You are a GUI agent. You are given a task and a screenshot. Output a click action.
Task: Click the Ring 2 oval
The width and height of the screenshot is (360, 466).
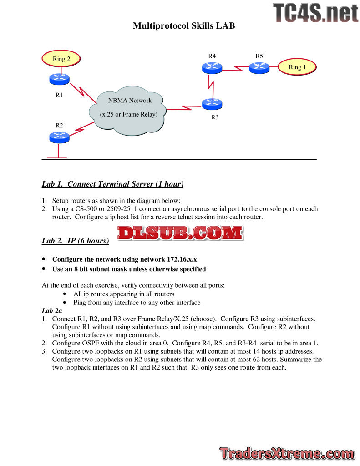coord(61,59)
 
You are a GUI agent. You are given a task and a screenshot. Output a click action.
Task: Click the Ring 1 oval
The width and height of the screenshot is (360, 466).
coord(296,67)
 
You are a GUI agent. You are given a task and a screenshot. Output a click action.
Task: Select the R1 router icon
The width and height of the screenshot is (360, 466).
coord(59,79)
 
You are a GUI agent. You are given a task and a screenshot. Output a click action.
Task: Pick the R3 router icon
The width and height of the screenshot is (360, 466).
coord(212,104)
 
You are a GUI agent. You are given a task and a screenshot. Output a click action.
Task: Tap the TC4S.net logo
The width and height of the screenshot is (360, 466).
coord(315,13)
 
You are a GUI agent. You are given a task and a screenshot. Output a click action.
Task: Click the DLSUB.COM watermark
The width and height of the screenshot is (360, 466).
coord(179,233)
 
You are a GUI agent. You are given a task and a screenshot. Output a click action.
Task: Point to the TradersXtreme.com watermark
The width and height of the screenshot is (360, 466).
coord(287,454)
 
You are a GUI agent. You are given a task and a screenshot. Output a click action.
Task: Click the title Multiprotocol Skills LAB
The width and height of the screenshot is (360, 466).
coord(184,26)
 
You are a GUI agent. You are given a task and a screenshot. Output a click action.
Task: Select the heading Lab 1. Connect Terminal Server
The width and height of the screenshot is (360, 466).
coord(112,184)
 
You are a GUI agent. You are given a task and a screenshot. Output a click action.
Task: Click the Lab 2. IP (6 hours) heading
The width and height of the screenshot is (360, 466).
coord(75,241)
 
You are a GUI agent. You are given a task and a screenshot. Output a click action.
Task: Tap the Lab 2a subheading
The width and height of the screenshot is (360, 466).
coord(52,310)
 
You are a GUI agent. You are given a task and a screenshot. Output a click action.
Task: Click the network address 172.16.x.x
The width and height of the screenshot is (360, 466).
coord(181,259)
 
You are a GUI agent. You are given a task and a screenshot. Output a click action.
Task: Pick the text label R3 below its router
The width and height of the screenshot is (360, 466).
coord(215,117)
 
